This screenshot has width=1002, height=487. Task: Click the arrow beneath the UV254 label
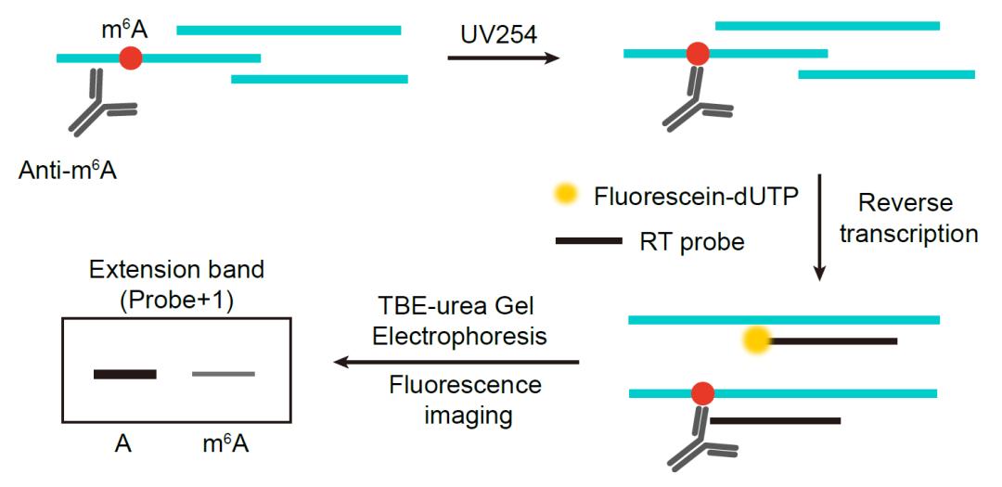point(503,58)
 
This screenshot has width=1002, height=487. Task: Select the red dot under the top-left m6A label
point(132,58)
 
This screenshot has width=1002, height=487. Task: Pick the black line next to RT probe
point(588,241)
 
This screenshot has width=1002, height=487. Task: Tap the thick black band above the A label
point(125,374)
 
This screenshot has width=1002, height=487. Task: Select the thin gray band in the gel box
point(223,374)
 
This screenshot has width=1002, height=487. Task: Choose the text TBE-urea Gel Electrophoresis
point(459,320)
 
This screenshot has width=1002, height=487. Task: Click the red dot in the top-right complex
point(698,54)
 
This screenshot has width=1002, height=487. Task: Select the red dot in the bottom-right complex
point(702,393)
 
